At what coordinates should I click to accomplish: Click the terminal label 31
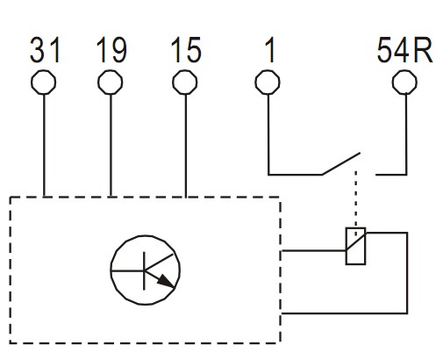point(45,50)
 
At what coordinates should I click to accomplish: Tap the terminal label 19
point(111,50)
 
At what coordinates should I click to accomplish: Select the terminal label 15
point(186,50)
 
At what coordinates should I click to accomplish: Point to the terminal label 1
point(270,50)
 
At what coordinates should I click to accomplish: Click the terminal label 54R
point(404,50)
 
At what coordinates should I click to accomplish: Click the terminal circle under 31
point(43,70)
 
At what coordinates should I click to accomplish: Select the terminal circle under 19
point(110,70)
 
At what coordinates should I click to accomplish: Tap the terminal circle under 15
point(185,70)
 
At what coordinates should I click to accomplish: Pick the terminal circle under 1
point(268,70)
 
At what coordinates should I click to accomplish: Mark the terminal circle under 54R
point(404,70)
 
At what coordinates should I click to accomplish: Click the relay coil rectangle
point(346,246)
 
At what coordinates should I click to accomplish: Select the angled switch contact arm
point(341,163)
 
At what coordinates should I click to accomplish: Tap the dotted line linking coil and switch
point(356,202)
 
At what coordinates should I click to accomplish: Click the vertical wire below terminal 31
point(44,146)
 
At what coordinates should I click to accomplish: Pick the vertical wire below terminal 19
point(111,146)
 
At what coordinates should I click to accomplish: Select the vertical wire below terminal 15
point(186,146)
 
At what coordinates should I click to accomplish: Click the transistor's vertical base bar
point(144,270)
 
